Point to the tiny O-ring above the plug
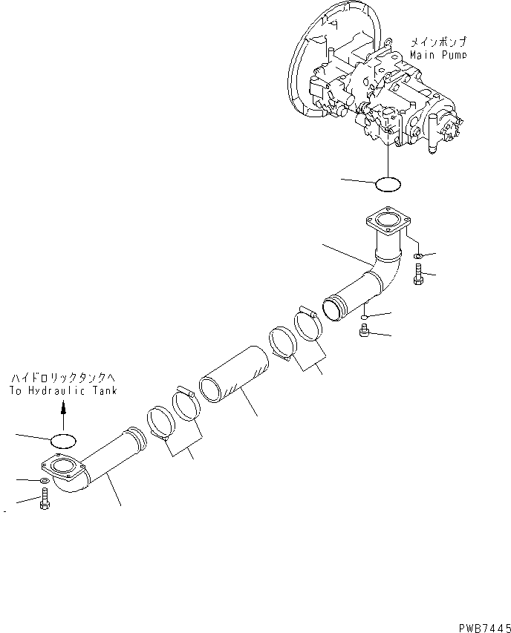tap(365, 318)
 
